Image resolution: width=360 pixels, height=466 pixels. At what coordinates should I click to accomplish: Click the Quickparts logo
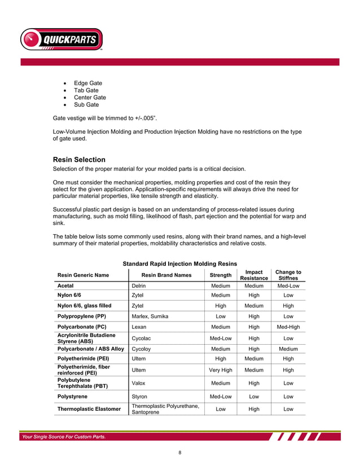(x=62, y=39)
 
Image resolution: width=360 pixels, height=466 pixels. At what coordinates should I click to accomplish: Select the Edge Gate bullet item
(x=87, y=83)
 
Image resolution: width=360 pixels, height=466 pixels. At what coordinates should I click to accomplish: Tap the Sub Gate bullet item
(x=86, y=104)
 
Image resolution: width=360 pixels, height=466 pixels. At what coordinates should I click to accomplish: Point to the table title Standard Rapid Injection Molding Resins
(x=179, y=263)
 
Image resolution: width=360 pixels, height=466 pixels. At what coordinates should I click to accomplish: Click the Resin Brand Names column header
(x=166, y=275)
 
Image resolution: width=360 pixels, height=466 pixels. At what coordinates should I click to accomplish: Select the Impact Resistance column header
(x=253, y=275)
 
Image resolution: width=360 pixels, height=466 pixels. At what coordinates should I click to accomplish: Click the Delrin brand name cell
(x=139, y=286)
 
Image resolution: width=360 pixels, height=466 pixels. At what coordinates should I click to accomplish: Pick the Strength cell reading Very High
(x=220, y=370)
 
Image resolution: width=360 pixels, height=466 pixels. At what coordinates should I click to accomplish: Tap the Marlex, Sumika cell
(x=150, y=316)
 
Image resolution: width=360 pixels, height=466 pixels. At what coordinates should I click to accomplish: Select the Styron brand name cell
(x=139, y=397)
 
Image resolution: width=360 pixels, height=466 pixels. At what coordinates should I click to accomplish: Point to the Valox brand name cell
(x=139, y=384)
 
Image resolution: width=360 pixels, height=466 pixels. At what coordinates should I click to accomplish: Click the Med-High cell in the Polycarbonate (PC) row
(x=288, y=327)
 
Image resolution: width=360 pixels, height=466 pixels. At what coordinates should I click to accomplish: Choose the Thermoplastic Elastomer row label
(x=90, y=408)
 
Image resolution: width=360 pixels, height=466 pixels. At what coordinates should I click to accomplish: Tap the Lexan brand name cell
(x=139, y=327)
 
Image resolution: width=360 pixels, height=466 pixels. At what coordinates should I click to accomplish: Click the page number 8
(x=179, y=452)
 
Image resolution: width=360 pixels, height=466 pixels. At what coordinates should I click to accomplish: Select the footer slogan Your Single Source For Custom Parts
(x=63, y=436)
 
